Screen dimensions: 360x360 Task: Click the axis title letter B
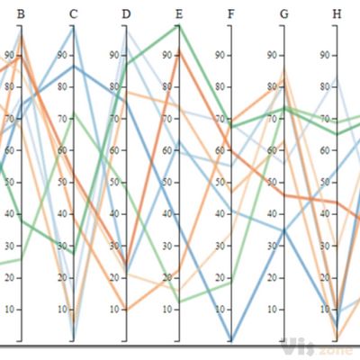coord(21,13)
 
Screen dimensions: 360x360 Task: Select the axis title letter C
coord(73,13)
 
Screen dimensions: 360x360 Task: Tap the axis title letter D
coord(126,13)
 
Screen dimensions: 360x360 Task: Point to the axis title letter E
coord(179,13)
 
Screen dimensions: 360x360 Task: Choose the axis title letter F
coord(231,13)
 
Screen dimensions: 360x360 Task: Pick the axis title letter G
coord(284,13)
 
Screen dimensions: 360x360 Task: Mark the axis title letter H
coord(337,13)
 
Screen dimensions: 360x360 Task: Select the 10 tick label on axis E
coord(168,309)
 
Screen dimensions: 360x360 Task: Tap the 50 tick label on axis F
coord(220,182)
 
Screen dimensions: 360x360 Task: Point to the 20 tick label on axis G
coord(274,277)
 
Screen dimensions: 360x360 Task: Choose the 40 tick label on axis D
coord(115,213)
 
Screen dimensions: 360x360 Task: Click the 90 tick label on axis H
coord(326,55)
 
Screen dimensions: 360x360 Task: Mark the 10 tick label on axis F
coord(220,309)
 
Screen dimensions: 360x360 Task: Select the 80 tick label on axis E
coord(168,86)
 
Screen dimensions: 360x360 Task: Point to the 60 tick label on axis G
coord(274,150)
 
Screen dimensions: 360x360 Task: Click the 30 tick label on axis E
coord(168,246)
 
